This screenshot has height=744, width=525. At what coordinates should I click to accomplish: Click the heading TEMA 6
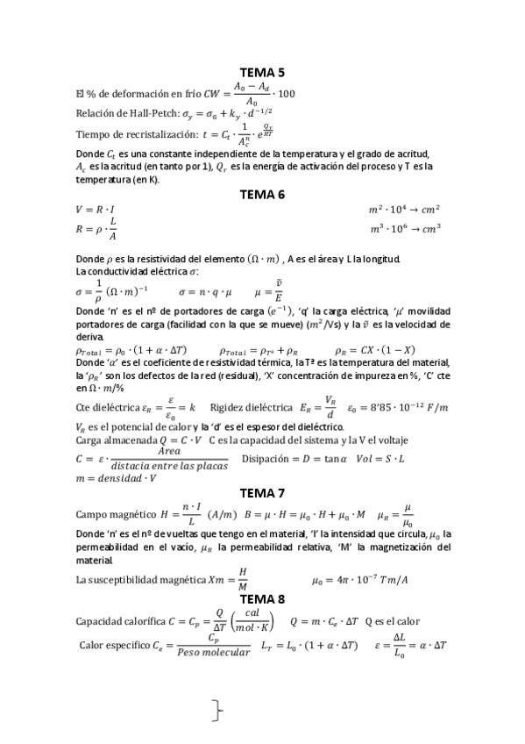262,195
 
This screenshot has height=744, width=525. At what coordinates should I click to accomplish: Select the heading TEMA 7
262,492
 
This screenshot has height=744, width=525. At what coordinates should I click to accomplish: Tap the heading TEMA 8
262,598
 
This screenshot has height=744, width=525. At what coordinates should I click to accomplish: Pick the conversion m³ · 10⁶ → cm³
404,229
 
